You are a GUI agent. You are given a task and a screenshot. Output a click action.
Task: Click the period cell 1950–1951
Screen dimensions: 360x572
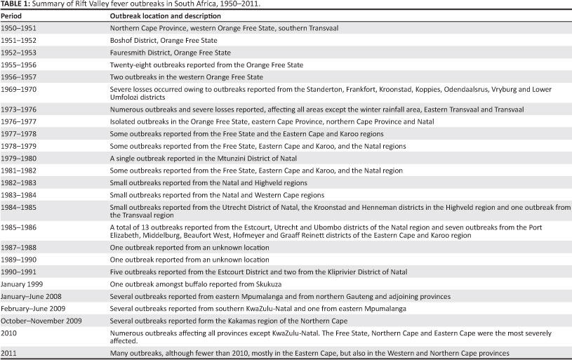tap(18, 28)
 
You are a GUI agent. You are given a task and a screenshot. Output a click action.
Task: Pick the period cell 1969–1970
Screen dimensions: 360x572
tap(18, 89)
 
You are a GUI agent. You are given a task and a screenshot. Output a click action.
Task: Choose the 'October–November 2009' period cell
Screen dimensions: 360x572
tap(36, 320)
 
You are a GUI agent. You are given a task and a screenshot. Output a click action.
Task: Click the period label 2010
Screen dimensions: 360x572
tap(9, 332)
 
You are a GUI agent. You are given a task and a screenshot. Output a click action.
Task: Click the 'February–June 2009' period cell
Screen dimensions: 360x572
tap(30, 307)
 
